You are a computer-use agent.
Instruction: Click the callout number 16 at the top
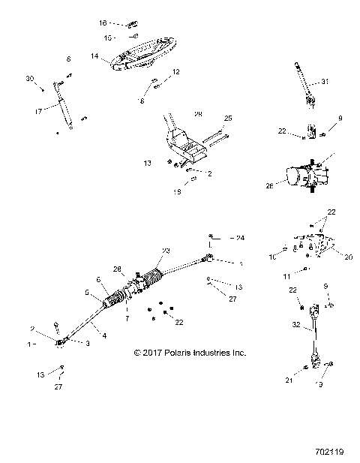coord(103,23)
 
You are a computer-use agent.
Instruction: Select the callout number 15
coord(107,37)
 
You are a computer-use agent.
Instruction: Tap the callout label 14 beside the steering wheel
coord(95,56)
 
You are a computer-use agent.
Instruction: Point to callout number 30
coord(30,79)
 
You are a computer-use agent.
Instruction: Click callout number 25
coord(228,119)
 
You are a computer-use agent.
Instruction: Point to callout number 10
coord(273,257)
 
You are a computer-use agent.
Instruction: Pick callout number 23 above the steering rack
coord(166,251)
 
